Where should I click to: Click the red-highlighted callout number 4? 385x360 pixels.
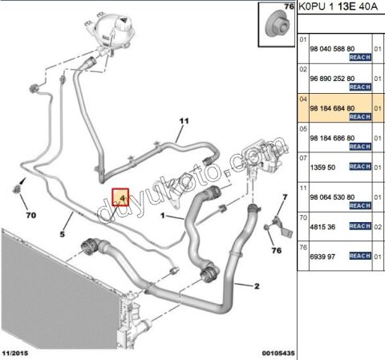122,198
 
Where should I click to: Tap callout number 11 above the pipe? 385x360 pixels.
184,121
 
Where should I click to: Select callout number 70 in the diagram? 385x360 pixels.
30,215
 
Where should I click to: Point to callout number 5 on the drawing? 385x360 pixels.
62,234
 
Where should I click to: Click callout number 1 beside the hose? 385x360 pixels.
163,215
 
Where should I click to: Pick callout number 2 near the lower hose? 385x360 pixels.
257,286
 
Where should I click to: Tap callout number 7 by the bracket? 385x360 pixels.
285,197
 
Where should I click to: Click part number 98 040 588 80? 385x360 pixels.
332,49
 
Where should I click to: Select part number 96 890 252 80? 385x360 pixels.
332,79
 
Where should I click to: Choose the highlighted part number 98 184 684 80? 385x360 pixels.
332,108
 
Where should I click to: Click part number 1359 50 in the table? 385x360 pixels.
322,168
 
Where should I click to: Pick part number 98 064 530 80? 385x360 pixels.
332,197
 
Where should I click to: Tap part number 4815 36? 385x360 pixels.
322,227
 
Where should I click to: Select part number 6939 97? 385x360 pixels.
322,257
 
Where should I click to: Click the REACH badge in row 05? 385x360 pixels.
360,147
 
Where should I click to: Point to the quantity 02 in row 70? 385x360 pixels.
378,227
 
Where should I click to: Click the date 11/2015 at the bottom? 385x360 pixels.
15,353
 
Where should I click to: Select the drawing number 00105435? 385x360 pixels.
278,353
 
